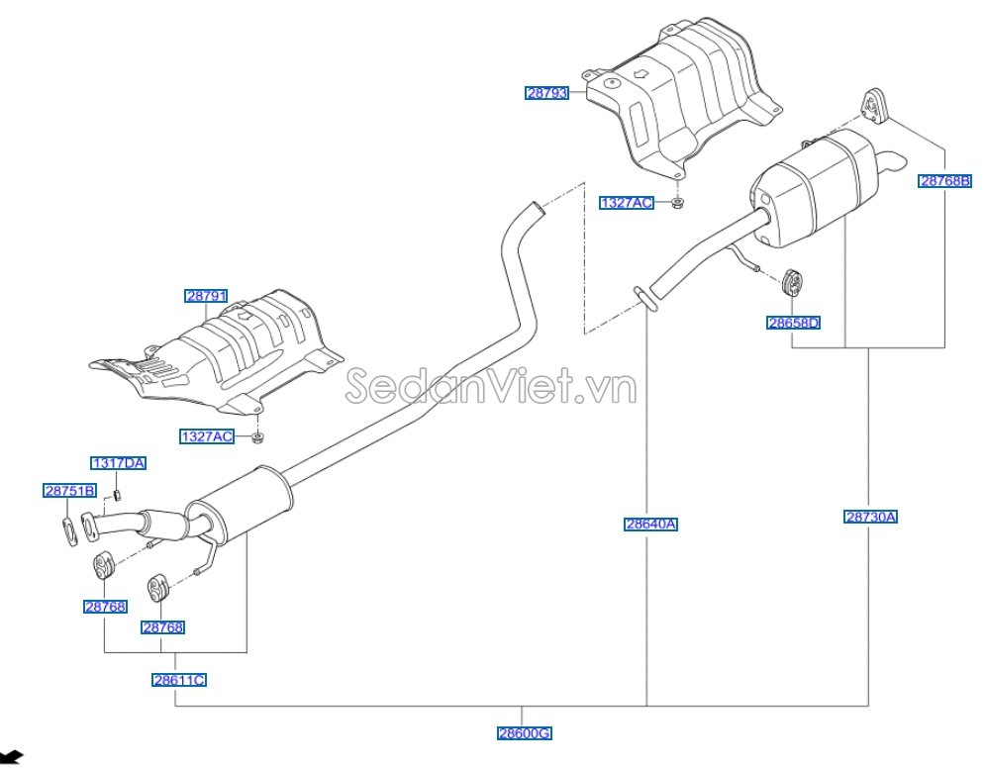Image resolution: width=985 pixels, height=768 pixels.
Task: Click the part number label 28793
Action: pos(547,93)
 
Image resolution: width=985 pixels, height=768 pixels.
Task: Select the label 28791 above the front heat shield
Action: pos(206,296)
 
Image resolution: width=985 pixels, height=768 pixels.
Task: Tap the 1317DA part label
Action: pos(119,462)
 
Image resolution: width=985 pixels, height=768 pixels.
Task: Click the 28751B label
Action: pos(69,490)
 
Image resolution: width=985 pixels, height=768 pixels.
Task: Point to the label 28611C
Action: pos(179,680)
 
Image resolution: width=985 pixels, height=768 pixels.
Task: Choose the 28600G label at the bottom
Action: pos(524,733)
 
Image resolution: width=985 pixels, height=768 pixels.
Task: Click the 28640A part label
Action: pos(650,525)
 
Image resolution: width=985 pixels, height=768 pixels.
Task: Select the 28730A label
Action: pos(871,516)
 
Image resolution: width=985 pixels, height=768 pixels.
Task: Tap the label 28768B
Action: pos(945,180)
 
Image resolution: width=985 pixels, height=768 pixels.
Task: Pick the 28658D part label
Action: pos(794,323)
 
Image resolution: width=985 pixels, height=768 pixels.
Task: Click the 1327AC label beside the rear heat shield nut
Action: pos(627,203)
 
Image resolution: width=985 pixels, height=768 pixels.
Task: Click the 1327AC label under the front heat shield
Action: pos(207,436)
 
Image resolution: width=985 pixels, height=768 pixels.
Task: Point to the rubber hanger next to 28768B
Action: pos(872,106)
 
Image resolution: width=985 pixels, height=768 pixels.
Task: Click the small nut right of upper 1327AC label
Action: pos(678,204)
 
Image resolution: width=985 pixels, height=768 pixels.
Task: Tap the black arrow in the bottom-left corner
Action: pos(12,757)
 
